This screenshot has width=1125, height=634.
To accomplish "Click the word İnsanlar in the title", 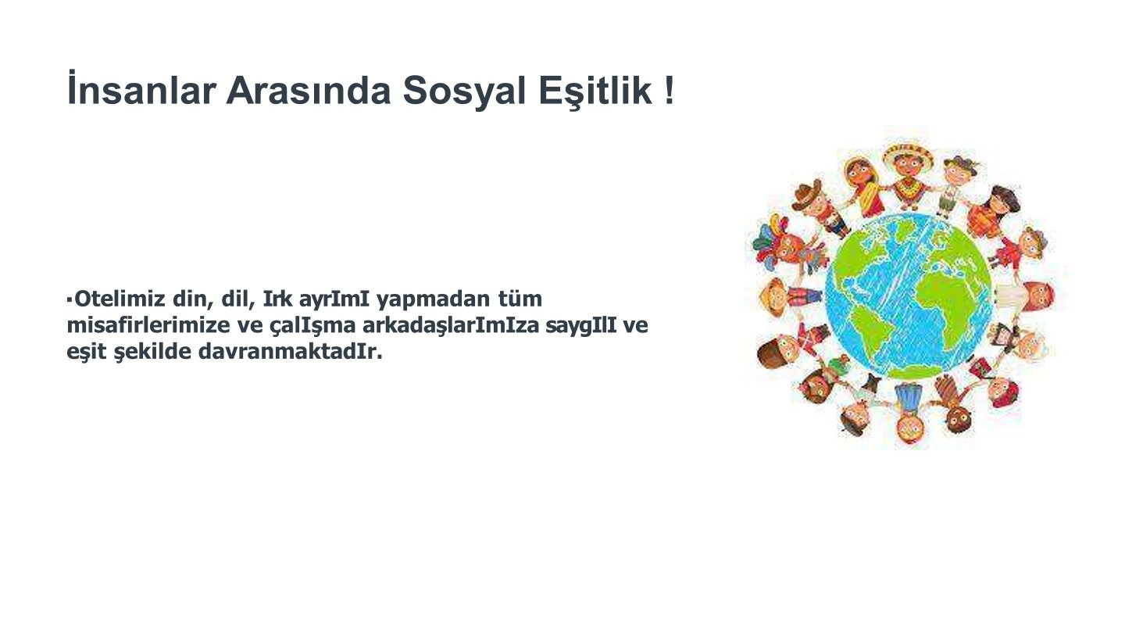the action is [x=141, y=88].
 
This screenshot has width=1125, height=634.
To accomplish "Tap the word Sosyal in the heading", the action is [x=464, y=92].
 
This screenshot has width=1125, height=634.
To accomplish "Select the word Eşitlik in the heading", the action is [x=595, y=92].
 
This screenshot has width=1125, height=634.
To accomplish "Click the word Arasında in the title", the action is [x=309, y=91].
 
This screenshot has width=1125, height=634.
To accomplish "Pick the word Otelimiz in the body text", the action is [x=120, y=299].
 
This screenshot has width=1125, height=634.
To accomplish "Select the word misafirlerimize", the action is [x=148, y=325].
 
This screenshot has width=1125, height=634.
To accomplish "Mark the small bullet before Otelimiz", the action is [x=70, y=300].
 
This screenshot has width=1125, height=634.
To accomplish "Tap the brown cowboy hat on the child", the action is [x=808, y=194].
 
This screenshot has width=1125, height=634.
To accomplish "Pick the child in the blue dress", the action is [x=909, y=413].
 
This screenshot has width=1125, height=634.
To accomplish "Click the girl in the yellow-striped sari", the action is [x=866, y=186].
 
